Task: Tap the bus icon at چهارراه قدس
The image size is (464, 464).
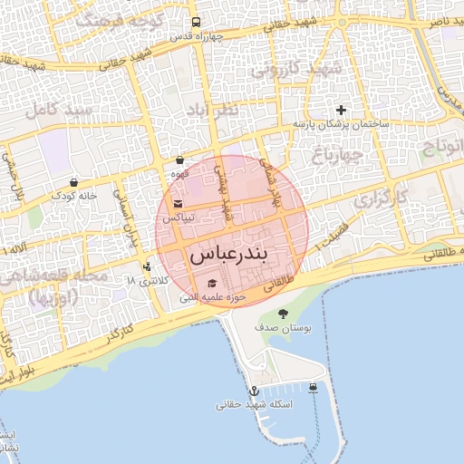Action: (x=197, y=24)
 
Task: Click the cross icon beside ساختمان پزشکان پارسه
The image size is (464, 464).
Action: (x=342, y=110)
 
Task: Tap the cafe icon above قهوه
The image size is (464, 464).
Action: (x=179, y=159)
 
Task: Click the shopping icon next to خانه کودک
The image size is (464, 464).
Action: (x=72, y=181)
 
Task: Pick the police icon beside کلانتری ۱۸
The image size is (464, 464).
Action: (x=147, y=266)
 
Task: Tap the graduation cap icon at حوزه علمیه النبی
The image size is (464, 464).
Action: (x=212, y=283)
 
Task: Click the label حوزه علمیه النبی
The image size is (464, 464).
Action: (x=213, y=297)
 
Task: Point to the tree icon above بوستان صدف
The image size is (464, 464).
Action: (x=283, y=314)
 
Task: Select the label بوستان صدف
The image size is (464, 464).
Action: (x=283, y=328)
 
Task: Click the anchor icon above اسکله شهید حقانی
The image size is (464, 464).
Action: (x=254, y=390)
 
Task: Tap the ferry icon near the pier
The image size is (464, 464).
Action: (x=313, y=388)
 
